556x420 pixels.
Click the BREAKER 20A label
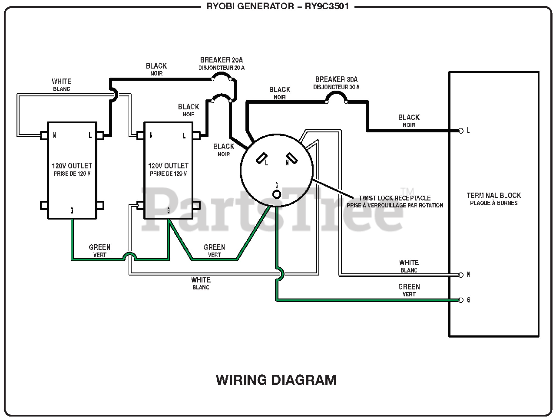tap(222, 60)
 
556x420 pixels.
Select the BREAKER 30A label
tap(336, 79)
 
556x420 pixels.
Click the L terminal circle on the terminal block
tap(461, 131)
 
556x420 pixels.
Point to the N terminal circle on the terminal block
tap(461, 275)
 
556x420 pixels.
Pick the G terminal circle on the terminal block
tap(461, 300)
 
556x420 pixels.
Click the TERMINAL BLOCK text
tap(494, 195)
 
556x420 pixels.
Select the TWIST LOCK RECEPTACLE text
tap(395, 198)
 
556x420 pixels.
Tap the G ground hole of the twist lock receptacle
tap(277, 194)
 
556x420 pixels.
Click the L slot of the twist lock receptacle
tap(261, 158)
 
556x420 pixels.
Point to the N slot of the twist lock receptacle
tap(292, 158)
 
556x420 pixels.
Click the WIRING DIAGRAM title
tap(276, 380)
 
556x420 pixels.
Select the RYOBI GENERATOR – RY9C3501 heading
tap(278, 6)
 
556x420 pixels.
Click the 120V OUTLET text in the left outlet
tap(72, 166)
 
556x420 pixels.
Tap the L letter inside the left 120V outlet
tap(90, 135)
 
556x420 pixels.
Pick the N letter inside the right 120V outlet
tap(151, 135)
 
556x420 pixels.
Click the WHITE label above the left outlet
tap(62, 81)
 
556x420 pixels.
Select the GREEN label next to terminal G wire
tap(409, 287)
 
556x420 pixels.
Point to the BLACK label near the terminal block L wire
tap(409, 118)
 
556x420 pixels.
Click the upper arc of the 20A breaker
tap(222, 75)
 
